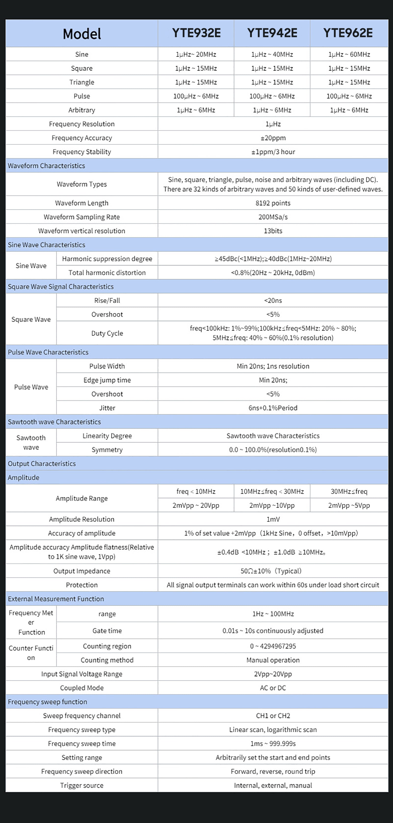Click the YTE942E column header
[x=272, y=33]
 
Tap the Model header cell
[x=82, y=34]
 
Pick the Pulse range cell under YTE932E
[x=196, y=96]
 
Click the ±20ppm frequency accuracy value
[x=273, y=138]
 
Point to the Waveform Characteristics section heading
[x=46, y=166]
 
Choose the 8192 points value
[x=273, y=203]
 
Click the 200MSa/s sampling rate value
[x=273, y=217]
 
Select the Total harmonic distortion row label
[x=107, y=273]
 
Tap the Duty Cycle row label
[x=107, y=333]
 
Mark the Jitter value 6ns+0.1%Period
[x=273, y=408]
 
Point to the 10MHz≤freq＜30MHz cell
[x=272, y=491]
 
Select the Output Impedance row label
[x=82, y=571]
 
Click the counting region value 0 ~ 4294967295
[x=273, y=646]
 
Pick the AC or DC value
[x=273, y=688]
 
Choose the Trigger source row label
[x=82, y=785]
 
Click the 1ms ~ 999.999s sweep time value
[x=273, y=743]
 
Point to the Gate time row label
[x=107, y=631]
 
